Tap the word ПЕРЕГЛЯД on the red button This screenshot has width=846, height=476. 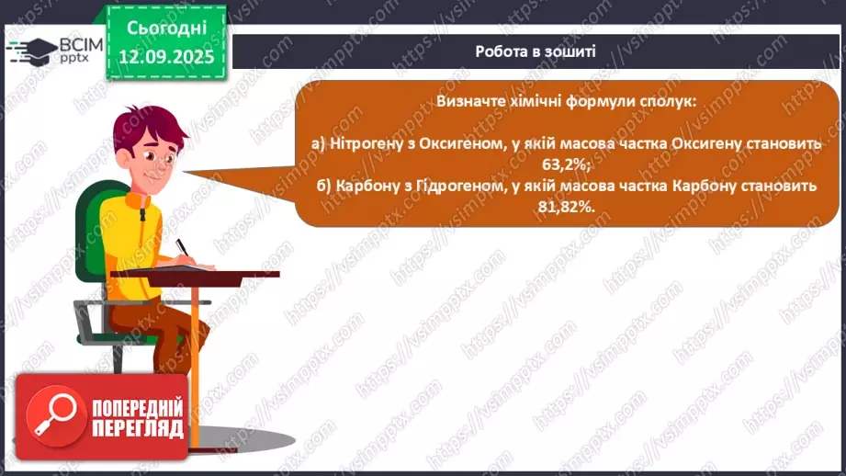tap(137, 428)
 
